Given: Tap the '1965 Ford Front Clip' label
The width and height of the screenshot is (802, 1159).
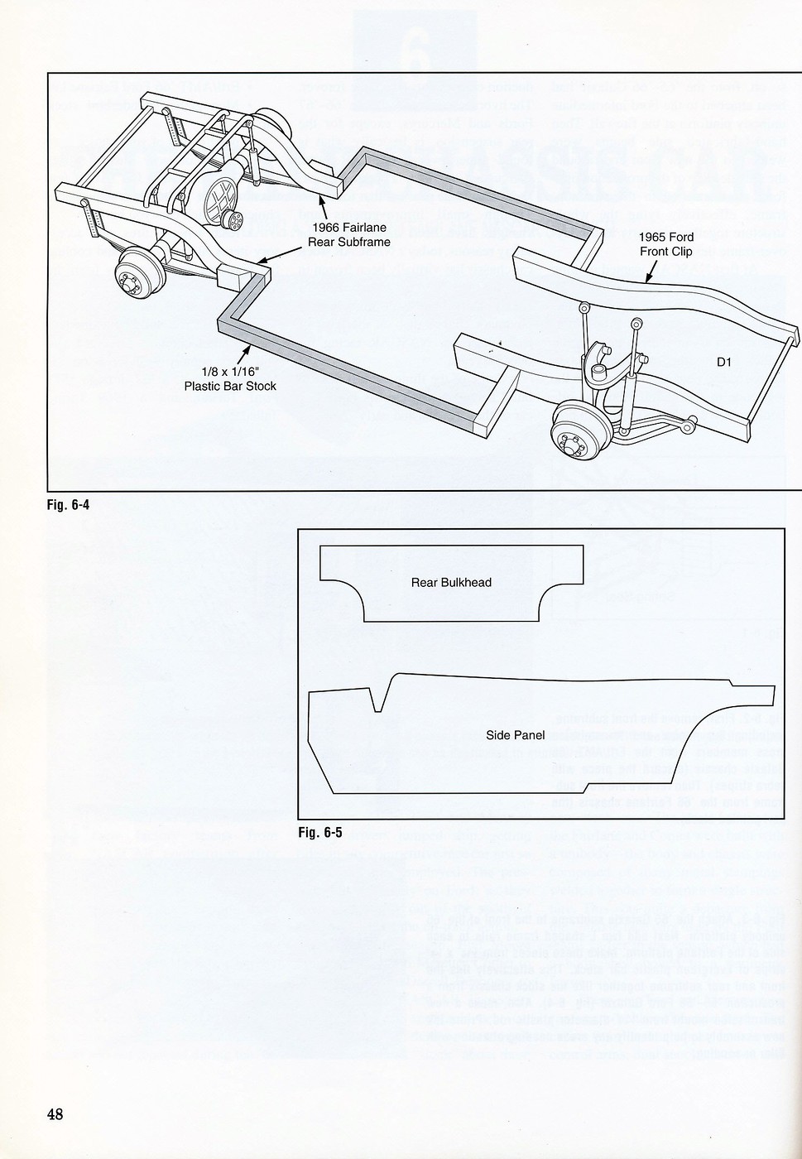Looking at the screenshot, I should click(x=665, y=244).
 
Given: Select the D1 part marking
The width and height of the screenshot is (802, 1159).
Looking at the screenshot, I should click(x=725, y=362).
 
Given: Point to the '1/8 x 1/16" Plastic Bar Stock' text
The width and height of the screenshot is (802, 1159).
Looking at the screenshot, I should click(x=230, y=379).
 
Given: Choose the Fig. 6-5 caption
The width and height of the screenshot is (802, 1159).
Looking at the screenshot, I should click(x=319, y=833).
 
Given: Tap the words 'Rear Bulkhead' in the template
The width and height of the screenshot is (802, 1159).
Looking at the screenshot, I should click(x=451, y=583).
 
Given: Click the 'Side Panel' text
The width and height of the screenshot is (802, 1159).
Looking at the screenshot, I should click(x=515, y=735).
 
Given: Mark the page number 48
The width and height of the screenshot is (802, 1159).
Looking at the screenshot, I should click(x=55, y=1113).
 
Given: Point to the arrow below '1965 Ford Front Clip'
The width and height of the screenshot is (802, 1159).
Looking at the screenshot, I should click(x=651, y=271).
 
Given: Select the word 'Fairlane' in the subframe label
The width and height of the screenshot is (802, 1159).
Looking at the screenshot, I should click(x=363, y=228).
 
